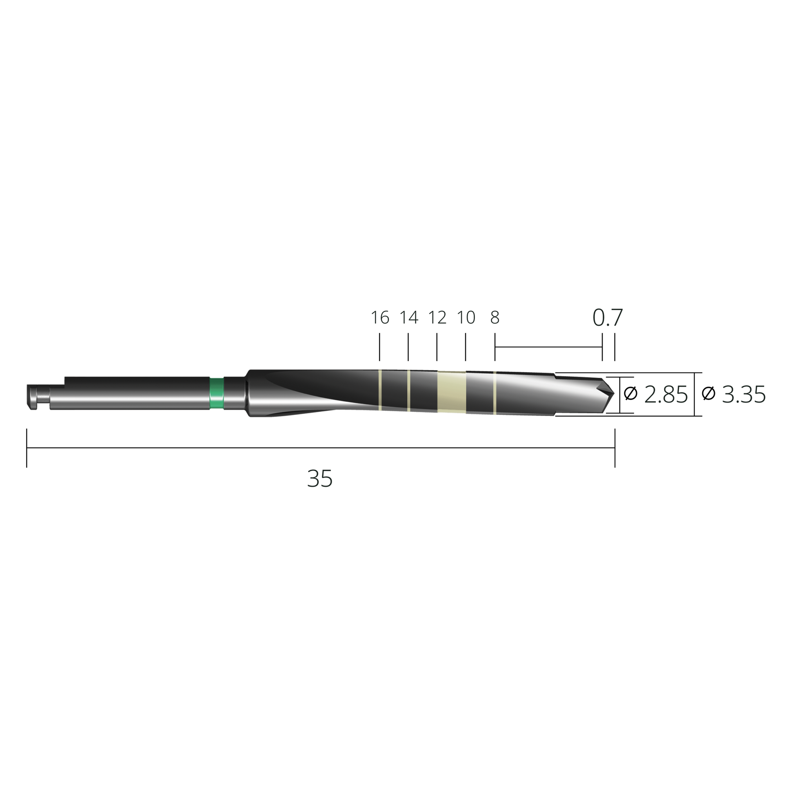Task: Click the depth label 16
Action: pyautogui.click(x=380, y=318)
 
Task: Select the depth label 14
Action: pyautogui.click(x=409, y=318)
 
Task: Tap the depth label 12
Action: pyautogui.click(x=437, y=318)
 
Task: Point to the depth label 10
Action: pyautogui.click(x=466, y=318)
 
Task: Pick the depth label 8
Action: pyautogui.click(x=495, y=318)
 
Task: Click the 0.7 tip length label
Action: pyautogui.click(x=608, y=318)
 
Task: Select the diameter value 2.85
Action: pyautogui.click(x=666, y=395)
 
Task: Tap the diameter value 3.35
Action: pyautogui.click(x=744, y=395)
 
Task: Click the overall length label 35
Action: pyautogui.click(x=320, y=479)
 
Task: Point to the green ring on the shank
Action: pyautogui.click(x=217, y=394)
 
